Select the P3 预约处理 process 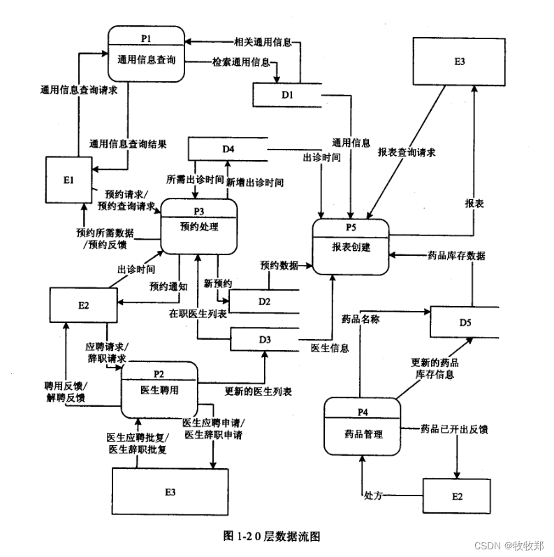click(x=199, y=226)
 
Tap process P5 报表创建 click(x=351, y=246)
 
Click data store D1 click(x=286, y=93)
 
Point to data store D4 click(x=228, y=149)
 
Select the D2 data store click(x=264, y=301)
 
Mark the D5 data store click(x=465, y=322)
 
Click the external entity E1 click(x=68, y=180)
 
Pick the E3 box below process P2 click(x=170, y=492)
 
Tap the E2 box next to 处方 click(x=457, y=496)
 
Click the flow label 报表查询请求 click(x=407, y=152)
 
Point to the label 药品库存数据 click(x=456, y=256)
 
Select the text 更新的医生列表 click(x=258, y=390)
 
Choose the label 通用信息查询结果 click(x=128, y=145)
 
